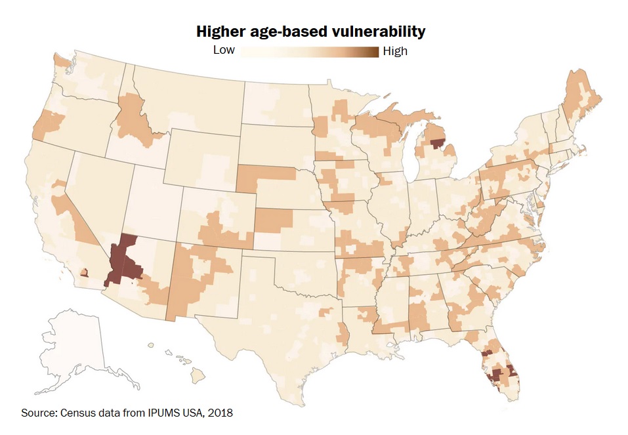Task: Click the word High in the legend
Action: pyautogui.click(x=395, y=51)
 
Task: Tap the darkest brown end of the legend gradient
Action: pyautogui.click(x=375, y=52)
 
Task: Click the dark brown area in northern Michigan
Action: pyautogui.click(x=436, y=142)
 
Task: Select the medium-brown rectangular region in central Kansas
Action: pyautogui.click(x=271, y=220)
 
